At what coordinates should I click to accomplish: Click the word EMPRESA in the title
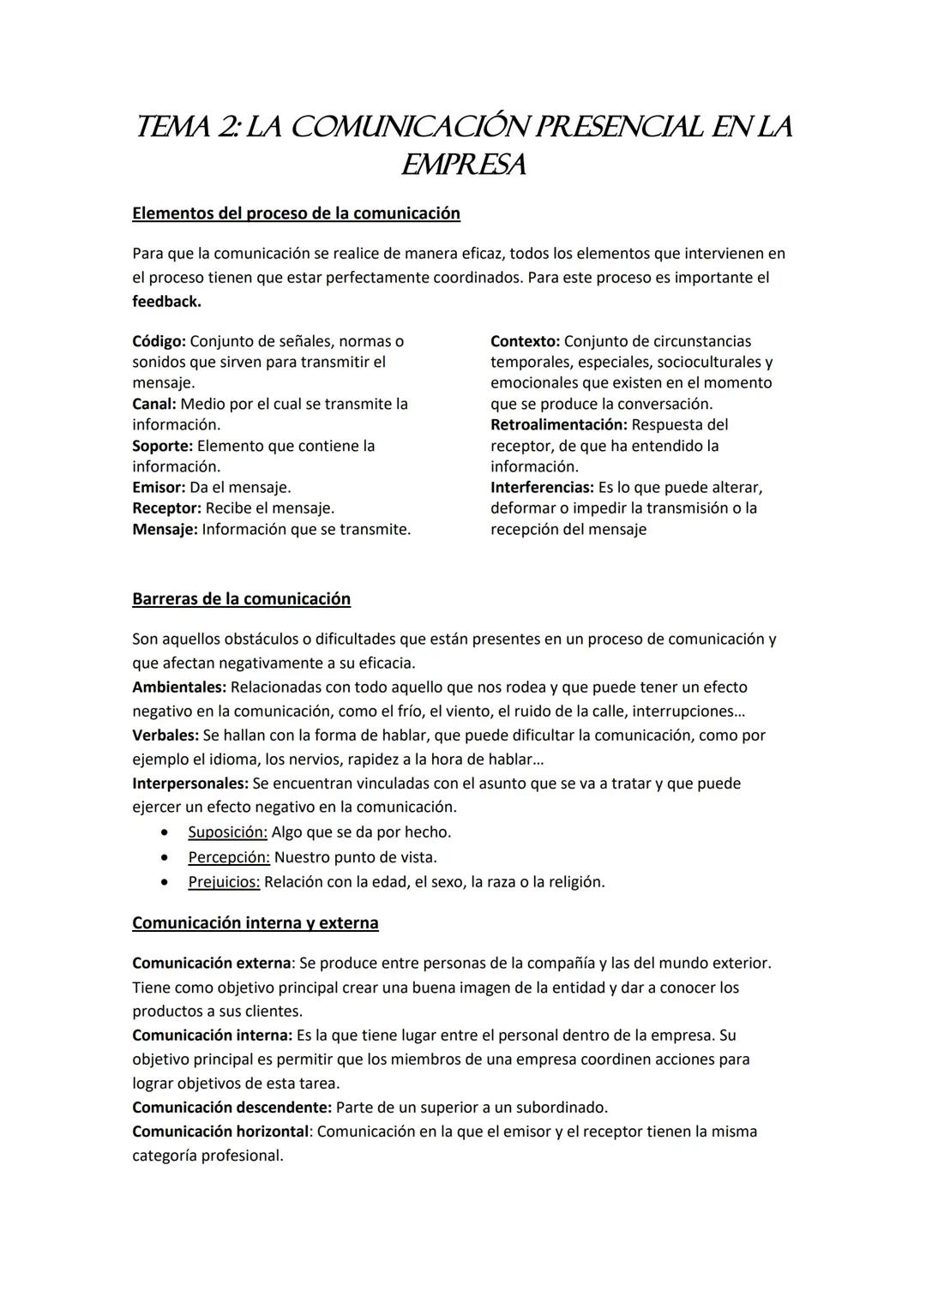tap(463, 165)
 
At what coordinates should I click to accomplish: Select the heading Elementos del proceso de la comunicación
tap(296, 213)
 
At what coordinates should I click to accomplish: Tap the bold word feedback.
tap(166, 302)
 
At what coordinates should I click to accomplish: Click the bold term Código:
tap(159, 341)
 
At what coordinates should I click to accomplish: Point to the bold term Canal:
tap(153, 404)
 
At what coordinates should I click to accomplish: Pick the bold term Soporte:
tap(162, 446)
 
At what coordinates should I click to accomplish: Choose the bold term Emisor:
tap(159, 487)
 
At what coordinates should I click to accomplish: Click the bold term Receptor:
tap(166, 508)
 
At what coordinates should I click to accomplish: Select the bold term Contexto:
tap(525, 341)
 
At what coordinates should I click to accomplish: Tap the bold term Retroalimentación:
tap(558, 425)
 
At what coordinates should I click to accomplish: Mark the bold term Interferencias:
tap(542, 487)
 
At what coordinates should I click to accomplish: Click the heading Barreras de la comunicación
tap(241, 599)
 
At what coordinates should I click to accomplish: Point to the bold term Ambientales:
tap(179, 688)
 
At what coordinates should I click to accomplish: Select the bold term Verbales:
tap(165, 736)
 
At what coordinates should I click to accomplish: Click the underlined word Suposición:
tap(227, 832)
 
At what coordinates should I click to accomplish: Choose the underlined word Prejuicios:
tap(224, 882)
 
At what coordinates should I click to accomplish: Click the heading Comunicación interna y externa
tap(255, 923)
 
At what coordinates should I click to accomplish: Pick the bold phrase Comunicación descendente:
tap(231, 1108)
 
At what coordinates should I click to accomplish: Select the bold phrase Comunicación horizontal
tap(219, 1132)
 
